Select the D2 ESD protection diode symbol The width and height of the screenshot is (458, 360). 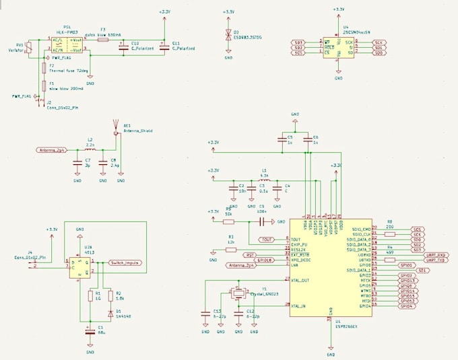click(x=228, y=34)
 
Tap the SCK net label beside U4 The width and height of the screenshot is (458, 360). click(x=380, y=42)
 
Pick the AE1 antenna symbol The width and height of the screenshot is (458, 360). click(x=117, y=129)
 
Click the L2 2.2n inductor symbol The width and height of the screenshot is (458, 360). click(x=89, y=150)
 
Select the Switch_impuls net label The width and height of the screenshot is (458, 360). click(x=125, y=264)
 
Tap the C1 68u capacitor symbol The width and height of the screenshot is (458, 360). click(x=90, y=330)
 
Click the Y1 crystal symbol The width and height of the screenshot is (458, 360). click(x=237, y=294)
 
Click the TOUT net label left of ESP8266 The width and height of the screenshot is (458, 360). click(x=267, y=239)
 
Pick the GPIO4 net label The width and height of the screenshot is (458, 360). click(x=407, y=306)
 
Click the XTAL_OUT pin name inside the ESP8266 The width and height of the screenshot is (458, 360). click(x=301, y=279)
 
